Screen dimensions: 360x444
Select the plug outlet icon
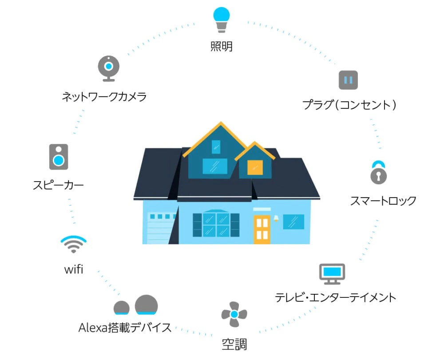click(348, 80)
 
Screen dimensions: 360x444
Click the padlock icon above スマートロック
click(378, 173)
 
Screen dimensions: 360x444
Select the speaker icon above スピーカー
click(59, 156)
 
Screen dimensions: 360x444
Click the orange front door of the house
click(262, 228)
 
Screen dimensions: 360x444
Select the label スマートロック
click(383, 201)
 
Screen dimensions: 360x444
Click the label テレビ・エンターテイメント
click(335, 297)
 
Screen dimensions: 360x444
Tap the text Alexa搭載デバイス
click(125, 328)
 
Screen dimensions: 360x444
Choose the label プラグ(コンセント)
click(349, 105)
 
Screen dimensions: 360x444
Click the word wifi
click(74, 269)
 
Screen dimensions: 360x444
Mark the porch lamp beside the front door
click(276, 218)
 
